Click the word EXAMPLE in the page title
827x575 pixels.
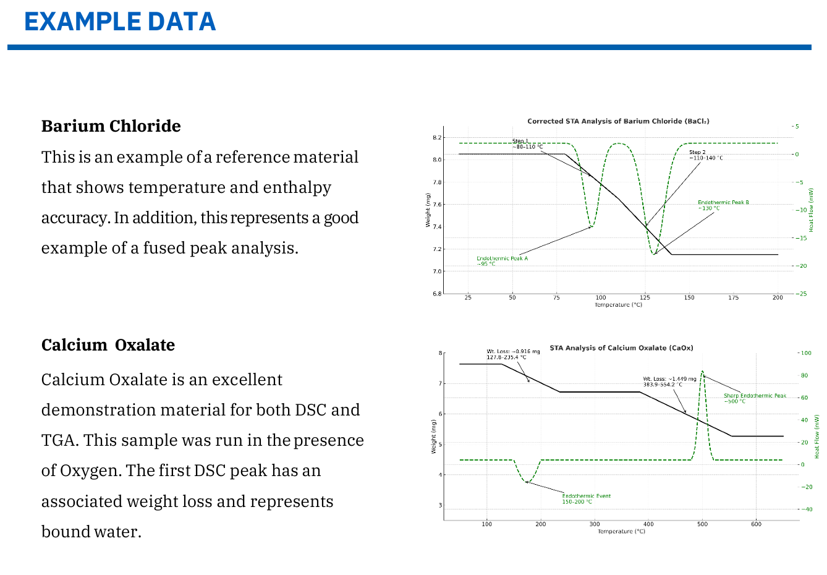click(x=74, y=22)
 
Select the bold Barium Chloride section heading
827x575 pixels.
click(x=111, y=126)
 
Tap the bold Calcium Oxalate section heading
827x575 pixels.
click(x=108, y=345)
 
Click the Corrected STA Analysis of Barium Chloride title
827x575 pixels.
click(x=617, y=121)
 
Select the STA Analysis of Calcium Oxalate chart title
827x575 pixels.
click(x=621, y=348)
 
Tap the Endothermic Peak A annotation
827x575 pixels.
click(x=502, y=261)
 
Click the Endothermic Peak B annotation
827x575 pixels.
click(x=723, y=205)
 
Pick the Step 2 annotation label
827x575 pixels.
click(x=705, y=155)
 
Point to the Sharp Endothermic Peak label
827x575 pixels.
click(x=755, y=398)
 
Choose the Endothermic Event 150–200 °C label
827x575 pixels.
click(x=586, y=498)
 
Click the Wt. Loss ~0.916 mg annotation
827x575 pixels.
click(x=512, y=354)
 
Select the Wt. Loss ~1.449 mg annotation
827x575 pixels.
click(x=669, y=381)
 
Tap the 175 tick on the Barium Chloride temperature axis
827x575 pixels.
click(x=733, y=297)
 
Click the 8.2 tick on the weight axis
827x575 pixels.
click(x=437, y=137)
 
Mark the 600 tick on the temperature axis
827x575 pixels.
click(x=756, y=524)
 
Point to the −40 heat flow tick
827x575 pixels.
click(x=806, y=509)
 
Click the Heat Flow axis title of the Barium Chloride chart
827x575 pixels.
click(x=811, y=210)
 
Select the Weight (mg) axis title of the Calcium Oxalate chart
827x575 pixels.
click(x=433, y=437)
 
